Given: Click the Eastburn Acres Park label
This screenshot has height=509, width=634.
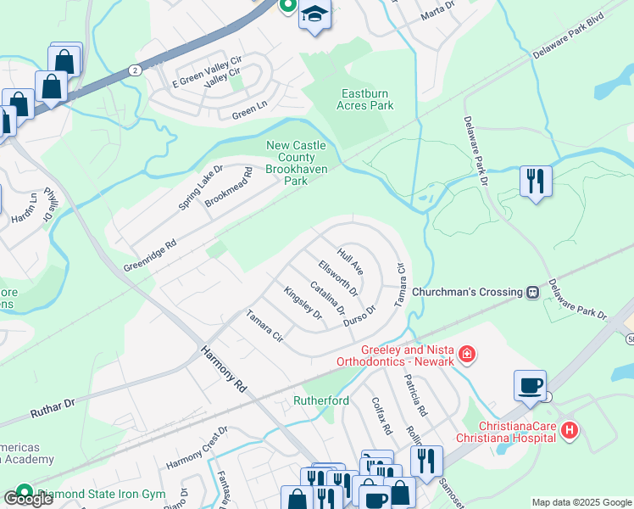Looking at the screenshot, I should pos(365,99).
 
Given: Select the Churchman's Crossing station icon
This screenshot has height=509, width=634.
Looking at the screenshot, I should pos(532,292).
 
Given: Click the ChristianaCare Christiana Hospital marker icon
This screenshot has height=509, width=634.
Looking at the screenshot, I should pos(570,431).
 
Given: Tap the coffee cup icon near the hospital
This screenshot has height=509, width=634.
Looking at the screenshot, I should pos(531,385).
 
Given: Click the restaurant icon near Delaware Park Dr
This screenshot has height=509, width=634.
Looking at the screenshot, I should pos(536,181).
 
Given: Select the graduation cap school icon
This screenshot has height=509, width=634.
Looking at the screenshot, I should pos(315,15).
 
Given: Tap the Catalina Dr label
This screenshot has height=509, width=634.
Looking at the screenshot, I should pos(327,299).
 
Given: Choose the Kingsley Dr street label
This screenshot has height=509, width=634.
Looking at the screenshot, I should pos(303,303).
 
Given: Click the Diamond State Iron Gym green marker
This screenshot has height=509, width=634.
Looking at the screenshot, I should pos(24,491).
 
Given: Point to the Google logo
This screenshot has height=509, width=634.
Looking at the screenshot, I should pos(27,499).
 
